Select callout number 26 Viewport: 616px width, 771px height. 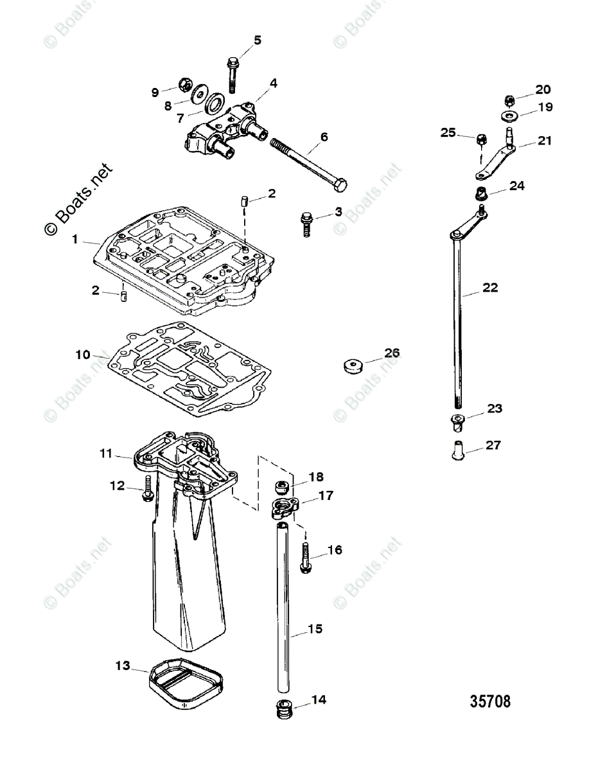(x=392, y=353)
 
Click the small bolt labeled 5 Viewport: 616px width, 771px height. (x=233, y=75)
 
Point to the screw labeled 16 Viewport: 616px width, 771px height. (x=306, y=556)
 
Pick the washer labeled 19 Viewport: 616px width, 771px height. (x=509, y=116)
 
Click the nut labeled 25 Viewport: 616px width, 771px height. (x=480, y=138)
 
